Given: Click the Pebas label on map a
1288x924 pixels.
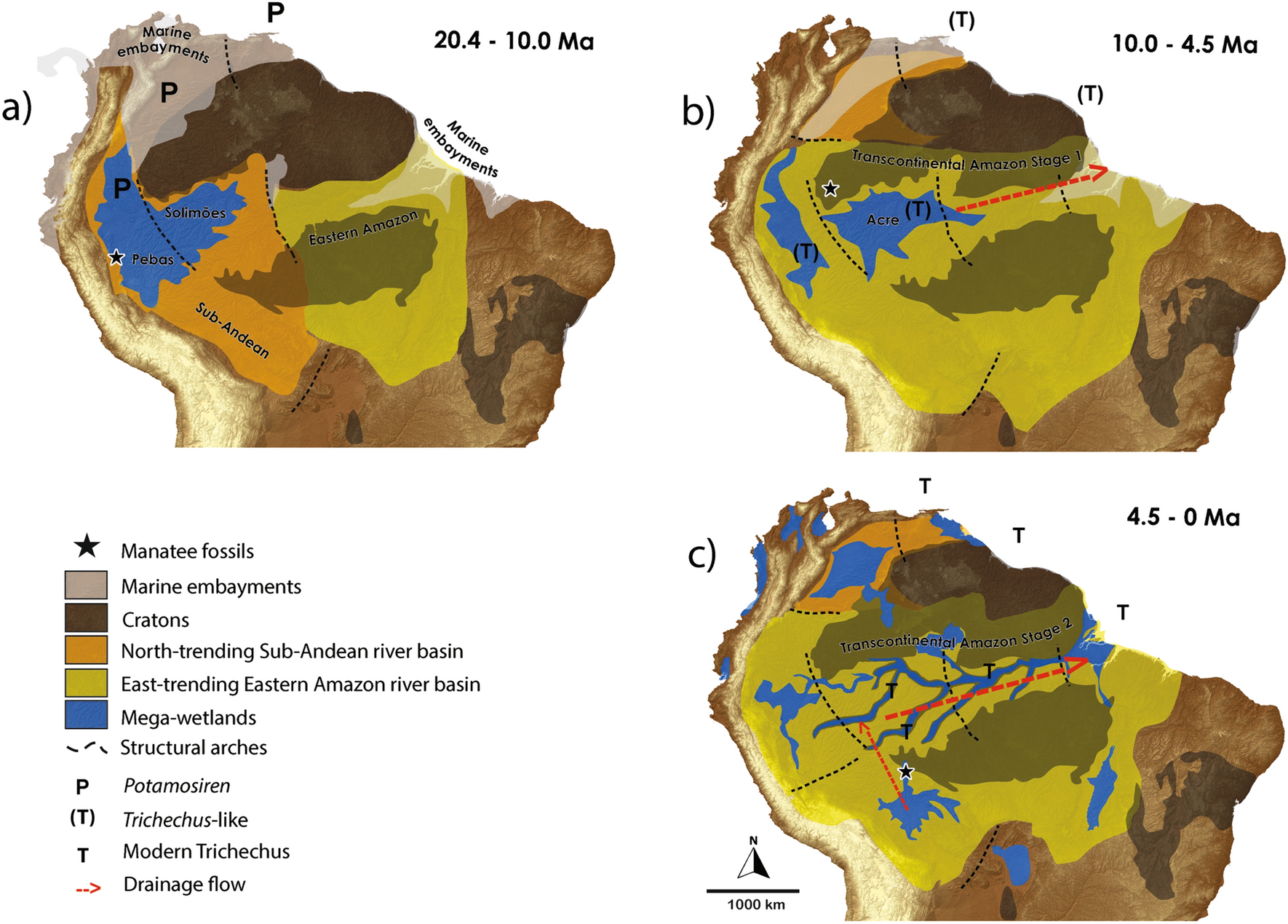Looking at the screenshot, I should [153, 259].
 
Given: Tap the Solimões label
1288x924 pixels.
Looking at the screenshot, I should [195, 213].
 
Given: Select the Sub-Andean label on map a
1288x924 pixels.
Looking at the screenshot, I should [233, 330].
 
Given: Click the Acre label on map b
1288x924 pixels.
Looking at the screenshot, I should [883, 219].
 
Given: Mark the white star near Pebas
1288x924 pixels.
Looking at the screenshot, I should [116, 257].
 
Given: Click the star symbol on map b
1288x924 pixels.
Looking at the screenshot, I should [830, 189].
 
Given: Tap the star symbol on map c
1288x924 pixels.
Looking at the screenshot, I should [905, 771].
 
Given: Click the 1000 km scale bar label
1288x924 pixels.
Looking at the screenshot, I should [756, 905].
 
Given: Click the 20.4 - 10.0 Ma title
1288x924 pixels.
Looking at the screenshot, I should [514, 41].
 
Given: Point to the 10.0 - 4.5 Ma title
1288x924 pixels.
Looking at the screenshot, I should [1185, 44].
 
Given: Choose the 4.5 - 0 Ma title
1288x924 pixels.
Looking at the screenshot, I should [1183, 517].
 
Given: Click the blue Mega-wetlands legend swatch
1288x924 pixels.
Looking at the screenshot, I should [86, 716].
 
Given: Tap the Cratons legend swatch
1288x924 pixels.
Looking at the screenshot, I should [86, 618].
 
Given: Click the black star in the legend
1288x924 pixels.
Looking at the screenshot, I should [87, 546].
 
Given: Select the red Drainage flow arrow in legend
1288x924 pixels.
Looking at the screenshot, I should [88, 888].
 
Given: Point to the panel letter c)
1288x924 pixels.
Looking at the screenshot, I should [703, 555].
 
